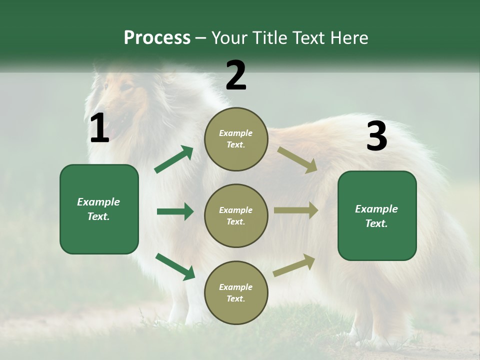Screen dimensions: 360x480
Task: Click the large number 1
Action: pyautogui.click(x=99, y=128)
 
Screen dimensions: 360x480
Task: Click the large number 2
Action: pyautogui.click(x=236, y=75)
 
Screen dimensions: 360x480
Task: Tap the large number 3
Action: pyautogui.click(x=376, y=136)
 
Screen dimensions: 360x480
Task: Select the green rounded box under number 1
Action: pyautogui.click(x=99, y=209)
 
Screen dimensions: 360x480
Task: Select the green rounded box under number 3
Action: pyautogui.click(x=377, y=216)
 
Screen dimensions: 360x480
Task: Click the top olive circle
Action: pyautogui.click(x=236, y=139)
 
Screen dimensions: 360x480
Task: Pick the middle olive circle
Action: pyautogui.click(x=236, y=215)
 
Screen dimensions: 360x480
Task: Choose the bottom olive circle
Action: pyautogui.click(x=236, y=292)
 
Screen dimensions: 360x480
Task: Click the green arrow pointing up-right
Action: pyautogui.click(x=174, y=159)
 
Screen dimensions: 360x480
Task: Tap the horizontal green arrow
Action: pyautogui.click(x=175, y=211)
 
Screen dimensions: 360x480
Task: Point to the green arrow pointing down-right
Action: pyautogui.click(x=175, y=266)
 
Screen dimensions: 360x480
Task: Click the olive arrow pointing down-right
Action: pyautogui.click(x=297, y=159)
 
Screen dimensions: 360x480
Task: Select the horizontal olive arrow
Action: pyautogui.click(x=296, y=210)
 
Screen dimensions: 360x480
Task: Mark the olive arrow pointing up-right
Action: pyautogui.click(x=294, y=265)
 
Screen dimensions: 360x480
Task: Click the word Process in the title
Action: pyautogui.click(x=157, y=37)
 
